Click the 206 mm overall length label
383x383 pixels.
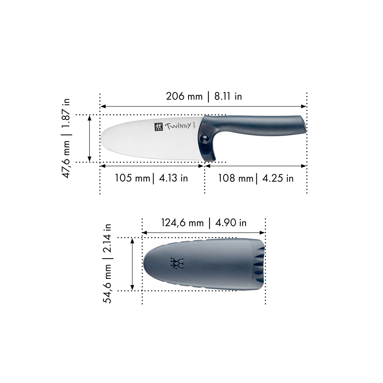pyautogui.click(x=184, y=96)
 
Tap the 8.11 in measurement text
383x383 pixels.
pyautogui.click(x=228, y=96)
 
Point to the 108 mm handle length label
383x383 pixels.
pyautogui.click(x=236, y=178)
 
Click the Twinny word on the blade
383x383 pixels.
pyautogui.click(x=178, y=126)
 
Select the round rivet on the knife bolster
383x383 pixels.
pyautogui.click(x=204, y=138)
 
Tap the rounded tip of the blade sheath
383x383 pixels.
pyautogui.click(x=145, y=264)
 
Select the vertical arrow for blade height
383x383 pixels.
pyautogui.click(x=90, y=138)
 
